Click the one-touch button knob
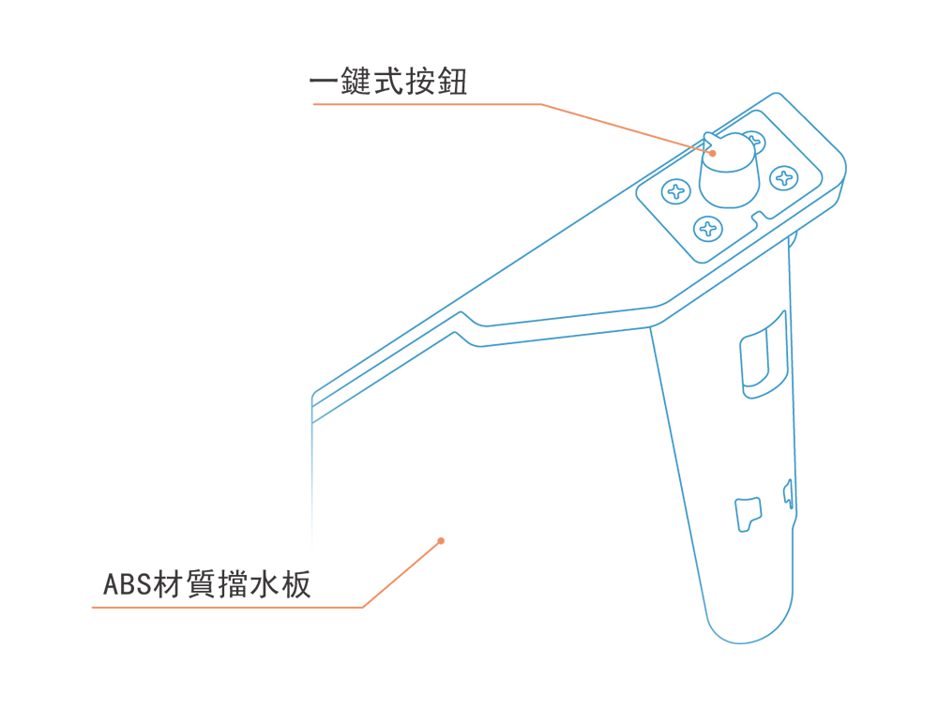(x=730, y=174)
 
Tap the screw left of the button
(x=675, y=193)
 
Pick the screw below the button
(x=708, y=228)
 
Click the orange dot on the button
(x=713, y=153)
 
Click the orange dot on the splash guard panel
(x=441, y=540)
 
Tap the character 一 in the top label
(x=325, y=83)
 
